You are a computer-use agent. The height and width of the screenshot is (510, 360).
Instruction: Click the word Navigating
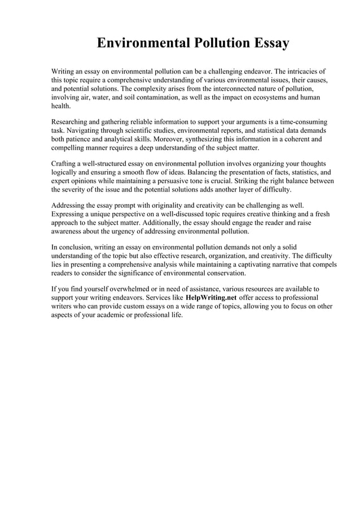click(x=84, y=130)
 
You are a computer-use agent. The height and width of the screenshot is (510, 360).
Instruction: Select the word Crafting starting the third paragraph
click(x=65, y=164)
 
